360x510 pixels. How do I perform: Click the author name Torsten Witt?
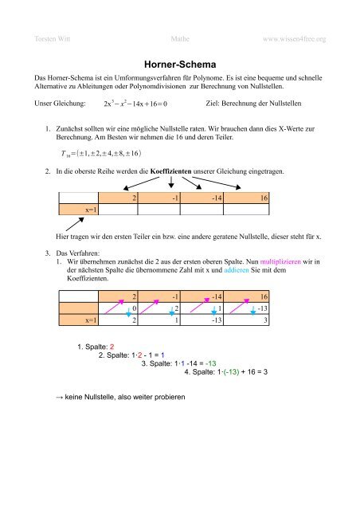51,37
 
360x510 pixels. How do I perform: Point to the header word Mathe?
179,37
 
